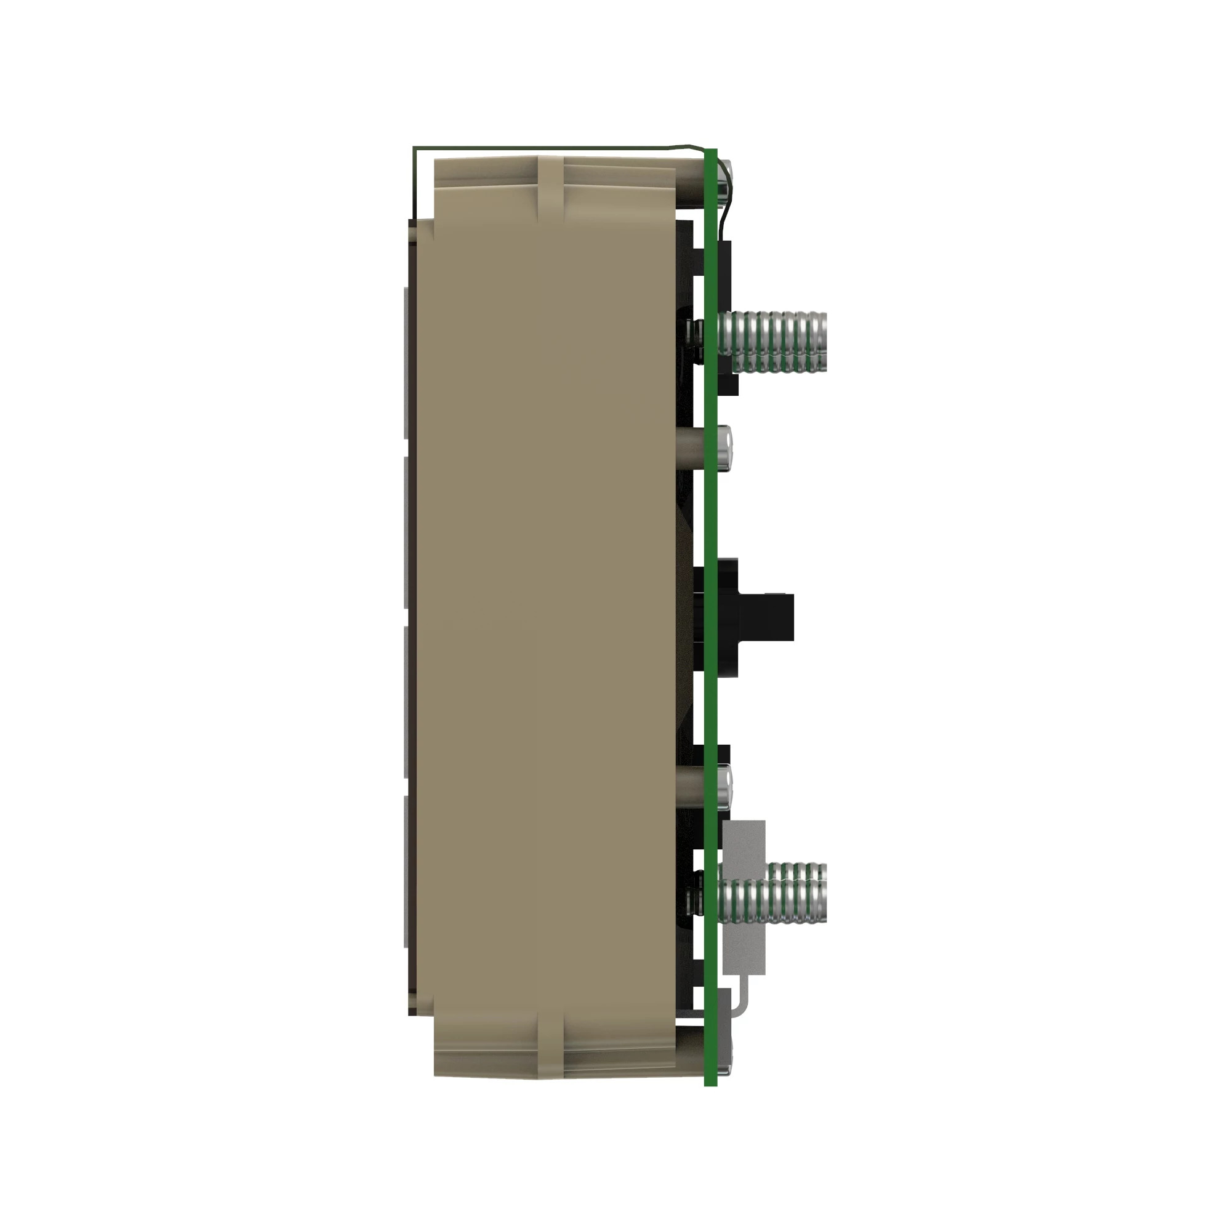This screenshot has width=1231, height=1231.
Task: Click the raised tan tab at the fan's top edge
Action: pyautogui.click(x=550, y=185)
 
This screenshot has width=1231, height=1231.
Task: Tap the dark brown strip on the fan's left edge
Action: pyautogui.click(x=412, y=612)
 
